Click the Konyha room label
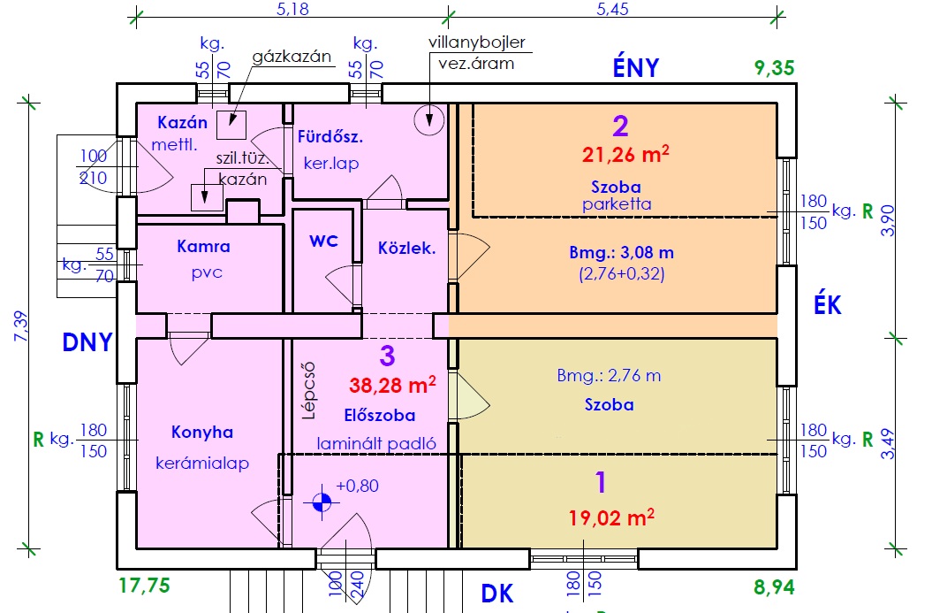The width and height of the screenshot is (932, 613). click(x=203, y=433)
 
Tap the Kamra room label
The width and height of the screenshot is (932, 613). click(x=203, y=247)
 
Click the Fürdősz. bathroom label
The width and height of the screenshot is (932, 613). click(x=331, y=138)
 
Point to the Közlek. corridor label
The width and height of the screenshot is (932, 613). click(x=406, y=249)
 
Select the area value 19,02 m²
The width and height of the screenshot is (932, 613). click(x=611, y=515)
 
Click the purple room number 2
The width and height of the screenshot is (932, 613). click(x=620, y=126)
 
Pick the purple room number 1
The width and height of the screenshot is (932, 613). click(x=601, y=483)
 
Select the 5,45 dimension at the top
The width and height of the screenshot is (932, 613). click(x=613, y=11)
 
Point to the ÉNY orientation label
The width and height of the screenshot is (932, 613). click(x=636, y=68)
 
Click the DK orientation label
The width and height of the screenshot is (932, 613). click(x=496, y=594)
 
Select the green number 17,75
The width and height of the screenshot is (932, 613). click(x=143, y=586)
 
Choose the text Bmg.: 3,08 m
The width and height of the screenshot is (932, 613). click(x=621, y=253)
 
